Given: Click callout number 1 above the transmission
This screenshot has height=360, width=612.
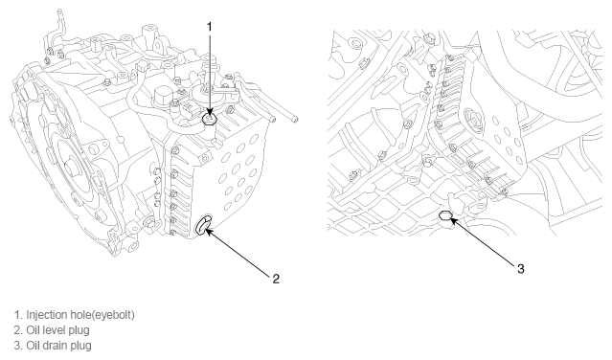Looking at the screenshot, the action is click(210, 27).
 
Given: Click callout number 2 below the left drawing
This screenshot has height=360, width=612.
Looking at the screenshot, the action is click(276, 279).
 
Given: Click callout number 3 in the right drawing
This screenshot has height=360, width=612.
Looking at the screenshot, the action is click(521, 269).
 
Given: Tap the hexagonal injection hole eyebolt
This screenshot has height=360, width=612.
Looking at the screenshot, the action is click(210, 119).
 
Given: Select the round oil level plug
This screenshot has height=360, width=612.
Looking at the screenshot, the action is click(203, 225).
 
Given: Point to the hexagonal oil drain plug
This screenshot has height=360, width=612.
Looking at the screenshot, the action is click(445, 214).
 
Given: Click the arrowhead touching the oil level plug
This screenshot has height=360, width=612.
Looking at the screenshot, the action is click(208, 232).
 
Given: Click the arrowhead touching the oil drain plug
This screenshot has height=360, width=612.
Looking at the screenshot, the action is click(453, 220).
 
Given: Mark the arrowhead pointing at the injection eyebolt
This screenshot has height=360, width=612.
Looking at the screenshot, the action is click(210, 113).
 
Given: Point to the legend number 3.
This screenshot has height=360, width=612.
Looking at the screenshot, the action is click(17, 346).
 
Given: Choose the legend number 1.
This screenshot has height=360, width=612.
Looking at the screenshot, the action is click(17, 315).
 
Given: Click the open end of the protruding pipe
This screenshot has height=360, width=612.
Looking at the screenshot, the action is click(295, 119).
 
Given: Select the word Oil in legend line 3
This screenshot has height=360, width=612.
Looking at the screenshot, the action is click(33, 346).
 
